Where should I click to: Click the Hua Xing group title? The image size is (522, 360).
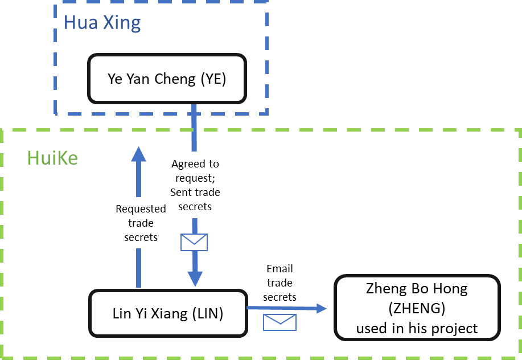(102, 23)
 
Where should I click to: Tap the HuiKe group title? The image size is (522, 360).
(52, 158)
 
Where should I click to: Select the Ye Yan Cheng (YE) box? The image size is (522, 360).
(167, 79)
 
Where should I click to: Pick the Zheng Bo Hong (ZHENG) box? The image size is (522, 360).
(417, 308)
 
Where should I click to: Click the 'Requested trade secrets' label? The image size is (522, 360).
(141, 223)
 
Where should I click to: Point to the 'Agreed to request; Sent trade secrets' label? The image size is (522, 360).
(195, 185)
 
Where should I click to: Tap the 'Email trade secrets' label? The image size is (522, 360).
(280, 283)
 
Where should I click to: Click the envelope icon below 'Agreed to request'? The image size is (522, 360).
(194, 242)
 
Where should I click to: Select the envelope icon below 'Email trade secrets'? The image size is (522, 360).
(280, 322)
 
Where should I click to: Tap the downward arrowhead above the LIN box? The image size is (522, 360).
(195, 279)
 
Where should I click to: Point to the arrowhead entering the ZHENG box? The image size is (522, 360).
(322, 308)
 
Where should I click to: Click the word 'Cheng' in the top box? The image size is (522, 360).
(175, 79)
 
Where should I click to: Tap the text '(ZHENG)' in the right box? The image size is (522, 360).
(417, 308)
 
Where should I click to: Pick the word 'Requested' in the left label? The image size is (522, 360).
(141, 209)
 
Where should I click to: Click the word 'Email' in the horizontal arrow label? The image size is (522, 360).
(280, 269)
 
